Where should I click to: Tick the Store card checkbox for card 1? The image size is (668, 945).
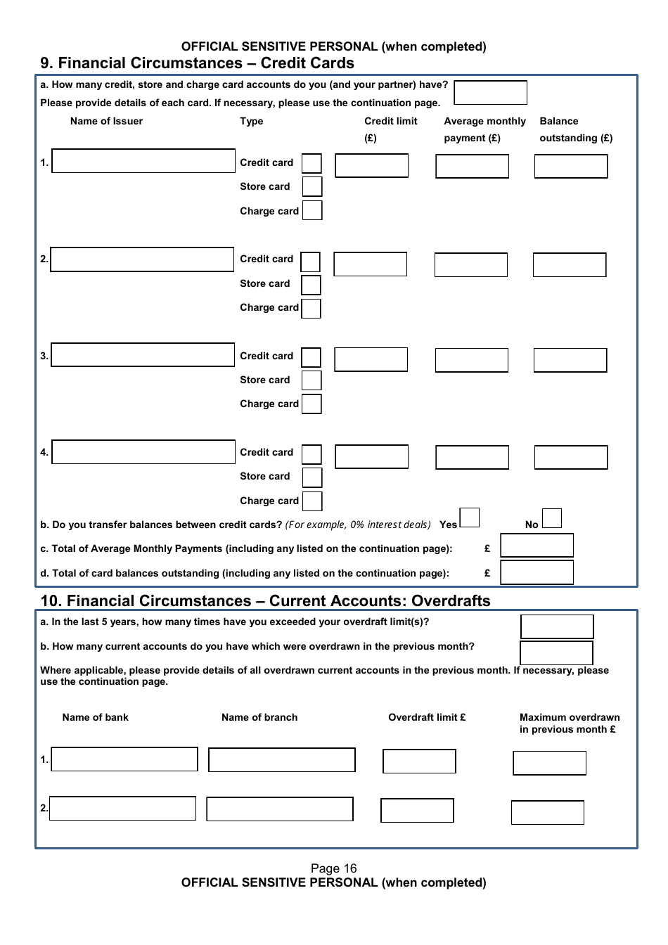coord(312,186)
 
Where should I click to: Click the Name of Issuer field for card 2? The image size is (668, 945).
coord(142,259)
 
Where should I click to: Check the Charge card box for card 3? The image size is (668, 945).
coord(311,404)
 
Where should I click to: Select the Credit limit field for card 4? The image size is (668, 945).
coord(371,456)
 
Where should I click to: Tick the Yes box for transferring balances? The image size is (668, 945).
coord(470,517)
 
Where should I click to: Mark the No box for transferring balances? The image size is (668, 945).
coord(552,518)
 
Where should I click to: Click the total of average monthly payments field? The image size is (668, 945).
coord(537,546)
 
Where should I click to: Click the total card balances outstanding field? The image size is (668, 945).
coord(537,572)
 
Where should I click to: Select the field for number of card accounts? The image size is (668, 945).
coord(490,93)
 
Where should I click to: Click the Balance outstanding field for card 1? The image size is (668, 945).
coord(570,167)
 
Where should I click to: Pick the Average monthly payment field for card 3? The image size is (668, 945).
coord(471,360)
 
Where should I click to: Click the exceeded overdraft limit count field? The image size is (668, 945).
coord(557,626)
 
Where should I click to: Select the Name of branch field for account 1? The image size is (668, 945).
coord(282,760)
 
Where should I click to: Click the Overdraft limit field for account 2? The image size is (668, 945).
coord(417,810)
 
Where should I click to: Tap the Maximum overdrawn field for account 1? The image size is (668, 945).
coord(549,763)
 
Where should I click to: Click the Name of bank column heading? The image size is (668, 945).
coord(96,717)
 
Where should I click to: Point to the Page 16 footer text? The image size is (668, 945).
coord(333,868)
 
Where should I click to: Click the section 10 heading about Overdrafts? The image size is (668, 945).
coord(265,600)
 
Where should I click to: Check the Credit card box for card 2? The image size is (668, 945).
coord(310,262)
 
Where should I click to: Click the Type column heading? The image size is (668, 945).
coord(251,121)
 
